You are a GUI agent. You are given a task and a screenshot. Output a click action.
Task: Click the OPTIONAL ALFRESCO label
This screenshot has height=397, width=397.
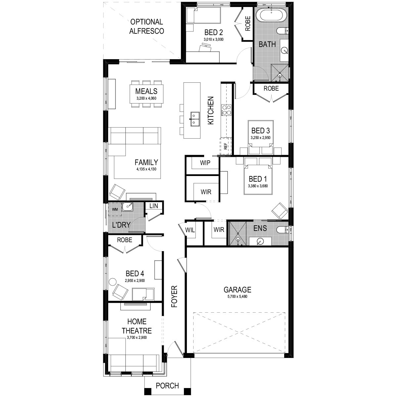[x=147, y=26]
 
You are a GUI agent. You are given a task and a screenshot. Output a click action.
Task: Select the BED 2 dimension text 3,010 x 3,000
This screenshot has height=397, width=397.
[x=213, y=39]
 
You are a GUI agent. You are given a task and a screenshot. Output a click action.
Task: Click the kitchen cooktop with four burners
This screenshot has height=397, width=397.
[x=226, y=110]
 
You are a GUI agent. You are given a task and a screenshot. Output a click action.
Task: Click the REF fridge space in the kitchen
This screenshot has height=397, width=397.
[x=226, y=146]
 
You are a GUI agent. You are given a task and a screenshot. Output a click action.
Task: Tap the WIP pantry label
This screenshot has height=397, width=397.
[x=205, y=163]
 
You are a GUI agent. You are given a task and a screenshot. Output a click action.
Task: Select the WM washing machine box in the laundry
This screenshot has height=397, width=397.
[x=115, y=209]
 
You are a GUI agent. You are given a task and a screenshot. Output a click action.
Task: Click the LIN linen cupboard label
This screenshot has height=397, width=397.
[x=154, y=206]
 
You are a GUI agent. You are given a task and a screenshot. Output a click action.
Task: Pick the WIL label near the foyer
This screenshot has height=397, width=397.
[x=190, y=230]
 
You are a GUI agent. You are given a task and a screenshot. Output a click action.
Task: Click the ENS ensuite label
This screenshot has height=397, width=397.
[x=260, y=228]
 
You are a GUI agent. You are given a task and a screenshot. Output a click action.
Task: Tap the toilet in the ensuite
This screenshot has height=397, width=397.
[x=282, y=230]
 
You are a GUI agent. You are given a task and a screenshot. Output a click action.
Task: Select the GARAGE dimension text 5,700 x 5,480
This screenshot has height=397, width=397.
[x=237, y=297]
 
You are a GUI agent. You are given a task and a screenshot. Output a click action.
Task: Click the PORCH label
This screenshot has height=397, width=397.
[x=167, y=386]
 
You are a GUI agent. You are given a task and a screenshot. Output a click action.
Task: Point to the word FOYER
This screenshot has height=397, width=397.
[x=174, y=297]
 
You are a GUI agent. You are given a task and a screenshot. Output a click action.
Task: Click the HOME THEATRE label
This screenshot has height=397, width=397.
[x=137, y=326]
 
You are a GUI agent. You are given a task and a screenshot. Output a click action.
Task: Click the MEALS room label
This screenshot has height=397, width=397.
[x=146, y=91]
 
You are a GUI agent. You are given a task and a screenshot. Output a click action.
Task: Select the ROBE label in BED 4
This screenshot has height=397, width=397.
[x=125, y=240]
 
